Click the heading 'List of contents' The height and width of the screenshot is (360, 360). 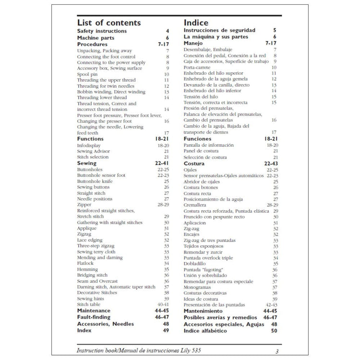[x=109, y=23]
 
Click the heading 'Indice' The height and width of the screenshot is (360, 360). [x=196, y=23]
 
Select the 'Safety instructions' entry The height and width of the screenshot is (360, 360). [x=102, y=31]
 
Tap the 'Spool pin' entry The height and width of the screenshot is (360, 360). [x=88, y=74]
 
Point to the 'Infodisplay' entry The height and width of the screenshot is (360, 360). [x=90, y=145]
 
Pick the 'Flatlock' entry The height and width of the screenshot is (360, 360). [x=86, y=263]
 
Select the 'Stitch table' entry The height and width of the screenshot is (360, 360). [x=89, y=304]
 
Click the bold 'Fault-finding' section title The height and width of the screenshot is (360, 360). [x=94, y=317]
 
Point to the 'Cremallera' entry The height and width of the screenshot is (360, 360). [x=195, y=205]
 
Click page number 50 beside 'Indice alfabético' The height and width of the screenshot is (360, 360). [x=274, y=330]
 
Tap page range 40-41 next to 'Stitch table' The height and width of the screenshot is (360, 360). [x=163, y=304]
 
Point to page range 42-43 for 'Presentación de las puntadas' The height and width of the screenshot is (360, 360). [x=272, y=305]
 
